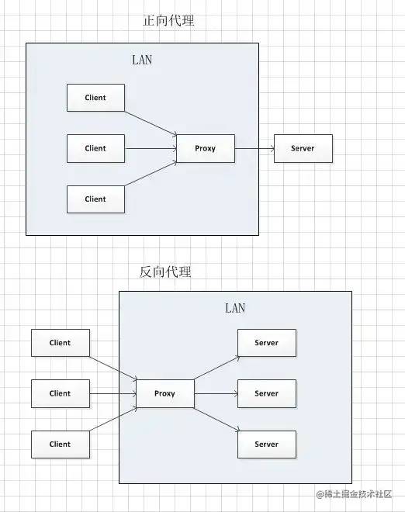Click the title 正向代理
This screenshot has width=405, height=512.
(168, 20)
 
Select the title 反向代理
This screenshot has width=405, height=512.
(165, 272)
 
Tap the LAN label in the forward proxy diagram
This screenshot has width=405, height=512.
(142, 60)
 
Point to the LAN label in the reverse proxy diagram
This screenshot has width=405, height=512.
(235, 308)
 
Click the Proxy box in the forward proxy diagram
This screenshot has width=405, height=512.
(206, 148)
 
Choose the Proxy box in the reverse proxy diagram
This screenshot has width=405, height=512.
(165, 393)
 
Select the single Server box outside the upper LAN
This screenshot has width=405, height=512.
(303, 148)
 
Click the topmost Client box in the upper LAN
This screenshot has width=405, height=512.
(95, 98)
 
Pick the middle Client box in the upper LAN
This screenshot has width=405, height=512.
(95, 148)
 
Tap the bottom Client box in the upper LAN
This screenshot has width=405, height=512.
(95, 199)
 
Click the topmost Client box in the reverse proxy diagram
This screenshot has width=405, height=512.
(61, 343)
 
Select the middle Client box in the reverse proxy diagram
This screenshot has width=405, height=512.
(61, 393)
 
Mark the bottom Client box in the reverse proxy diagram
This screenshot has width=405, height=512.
(61, 445)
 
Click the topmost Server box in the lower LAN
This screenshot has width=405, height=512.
(267, 343)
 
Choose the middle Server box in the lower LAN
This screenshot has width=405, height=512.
(267, 393)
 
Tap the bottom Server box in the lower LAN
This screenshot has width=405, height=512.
(267, 445)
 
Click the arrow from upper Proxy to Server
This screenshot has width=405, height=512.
(254, 149)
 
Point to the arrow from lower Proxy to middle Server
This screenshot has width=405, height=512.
(216, 394)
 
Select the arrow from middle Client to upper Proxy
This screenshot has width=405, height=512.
(151, 149)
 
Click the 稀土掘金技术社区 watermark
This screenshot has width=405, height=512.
(354, 493)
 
